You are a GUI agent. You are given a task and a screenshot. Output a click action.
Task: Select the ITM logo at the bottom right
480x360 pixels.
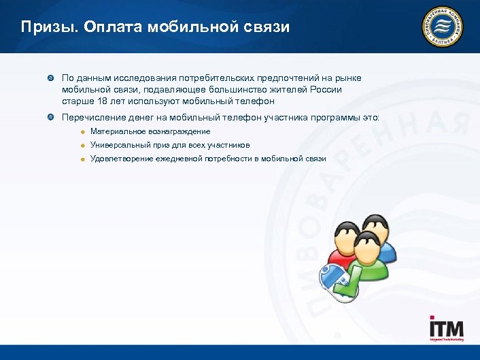[446, 329]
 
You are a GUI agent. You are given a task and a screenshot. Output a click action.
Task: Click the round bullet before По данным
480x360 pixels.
[50, 78]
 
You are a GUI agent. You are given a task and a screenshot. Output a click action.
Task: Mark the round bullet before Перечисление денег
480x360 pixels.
[50, 117]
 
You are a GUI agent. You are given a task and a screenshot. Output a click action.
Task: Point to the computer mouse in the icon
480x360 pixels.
[335, 279]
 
